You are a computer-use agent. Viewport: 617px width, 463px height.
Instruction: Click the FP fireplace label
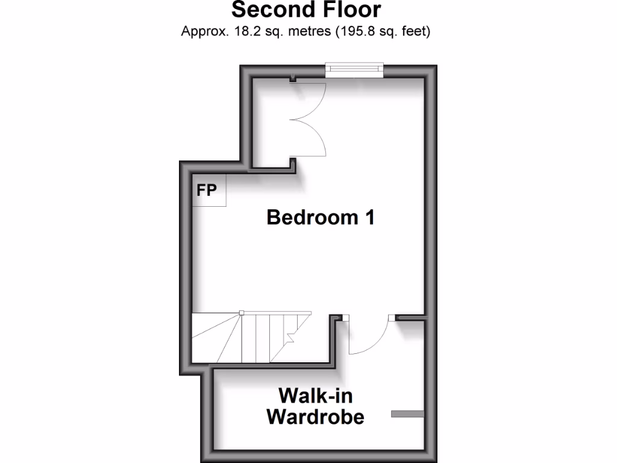point(207,191)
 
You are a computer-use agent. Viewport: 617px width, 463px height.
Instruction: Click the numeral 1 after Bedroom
point(369,217)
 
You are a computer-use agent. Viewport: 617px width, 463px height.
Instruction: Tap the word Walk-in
point(315,396)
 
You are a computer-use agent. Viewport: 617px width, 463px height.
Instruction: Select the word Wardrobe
point(315,417)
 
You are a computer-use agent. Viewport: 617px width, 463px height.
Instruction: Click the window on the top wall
point(354,70)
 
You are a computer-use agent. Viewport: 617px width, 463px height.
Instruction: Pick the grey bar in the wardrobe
point(407,414)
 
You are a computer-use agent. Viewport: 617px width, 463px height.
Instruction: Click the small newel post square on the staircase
point(240,312)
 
